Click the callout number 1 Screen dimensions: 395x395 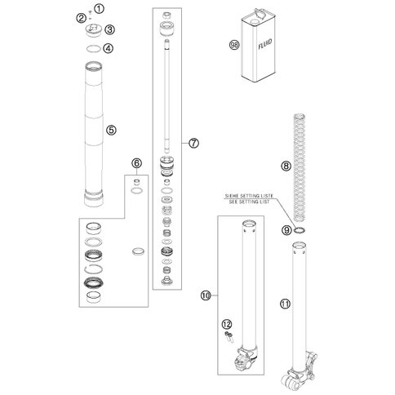click(100, 9)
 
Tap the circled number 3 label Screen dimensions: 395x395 click(110, 29)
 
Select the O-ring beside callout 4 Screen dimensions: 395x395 click(93, 49)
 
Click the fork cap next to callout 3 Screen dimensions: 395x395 click(94, 30)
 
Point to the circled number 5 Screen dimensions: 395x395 click(111, 130)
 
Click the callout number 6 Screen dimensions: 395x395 click(136, 163)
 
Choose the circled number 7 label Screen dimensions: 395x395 click(194, 143)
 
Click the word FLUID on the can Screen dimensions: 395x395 click(265, 45)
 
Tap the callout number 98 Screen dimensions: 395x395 click(234, 45)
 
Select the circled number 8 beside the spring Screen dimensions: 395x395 click(286, 166)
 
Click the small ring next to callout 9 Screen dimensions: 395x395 click(300, 230)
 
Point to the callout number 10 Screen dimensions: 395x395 click(206, 295)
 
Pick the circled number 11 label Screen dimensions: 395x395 click(285, 304)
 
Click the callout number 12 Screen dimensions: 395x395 click(227, 324)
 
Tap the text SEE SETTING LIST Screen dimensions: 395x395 click(249, 202)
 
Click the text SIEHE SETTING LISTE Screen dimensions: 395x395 click(249, 196)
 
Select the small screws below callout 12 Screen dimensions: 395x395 click(229, 337)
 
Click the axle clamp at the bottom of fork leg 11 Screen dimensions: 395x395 click(299, 374)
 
